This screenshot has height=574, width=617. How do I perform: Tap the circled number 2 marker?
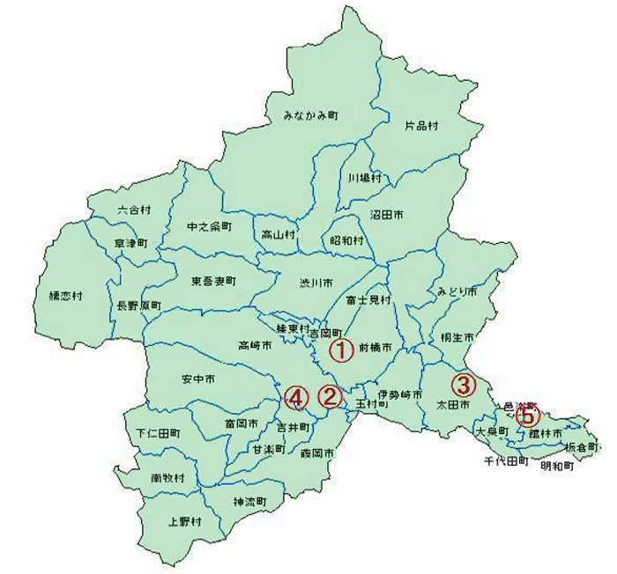[x=330, y=397]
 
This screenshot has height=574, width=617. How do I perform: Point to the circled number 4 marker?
[x=296, y=398]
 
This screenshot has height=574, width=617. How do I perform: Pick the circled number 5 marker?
[x=526, y=415]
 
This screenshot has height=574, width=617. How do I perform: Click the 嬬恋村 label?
[x=64, y=296]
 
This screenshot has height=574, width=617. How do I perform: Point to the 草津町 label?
[x=131, y=242]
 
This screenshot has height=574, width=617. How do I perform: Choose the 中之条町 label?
[x=210, y=226]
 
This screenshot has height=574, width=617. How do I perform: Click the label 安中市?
[x=198, y=379]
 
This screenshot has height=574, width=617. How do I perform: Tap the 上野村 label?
[x=185, y=520]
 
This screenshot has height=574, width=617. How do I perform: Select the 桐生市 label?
[x=457, y=338]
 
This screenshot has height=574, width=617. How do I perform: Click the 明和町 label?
[x=557, y=466]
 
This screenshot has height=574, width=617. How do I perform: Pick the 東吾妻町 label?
[x=213, y=282]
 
